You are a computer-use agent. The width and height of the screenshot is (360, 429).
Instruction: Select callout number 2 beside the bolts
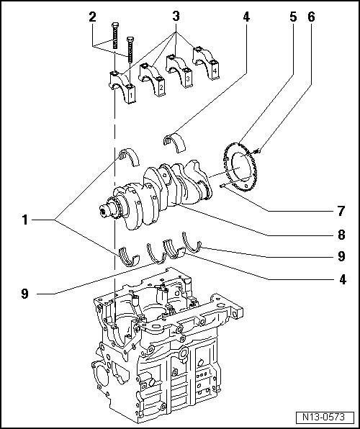coord(91,16)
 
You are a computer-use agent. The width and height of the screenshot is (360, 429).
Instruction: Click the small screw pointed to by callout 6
coord(257,149)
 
